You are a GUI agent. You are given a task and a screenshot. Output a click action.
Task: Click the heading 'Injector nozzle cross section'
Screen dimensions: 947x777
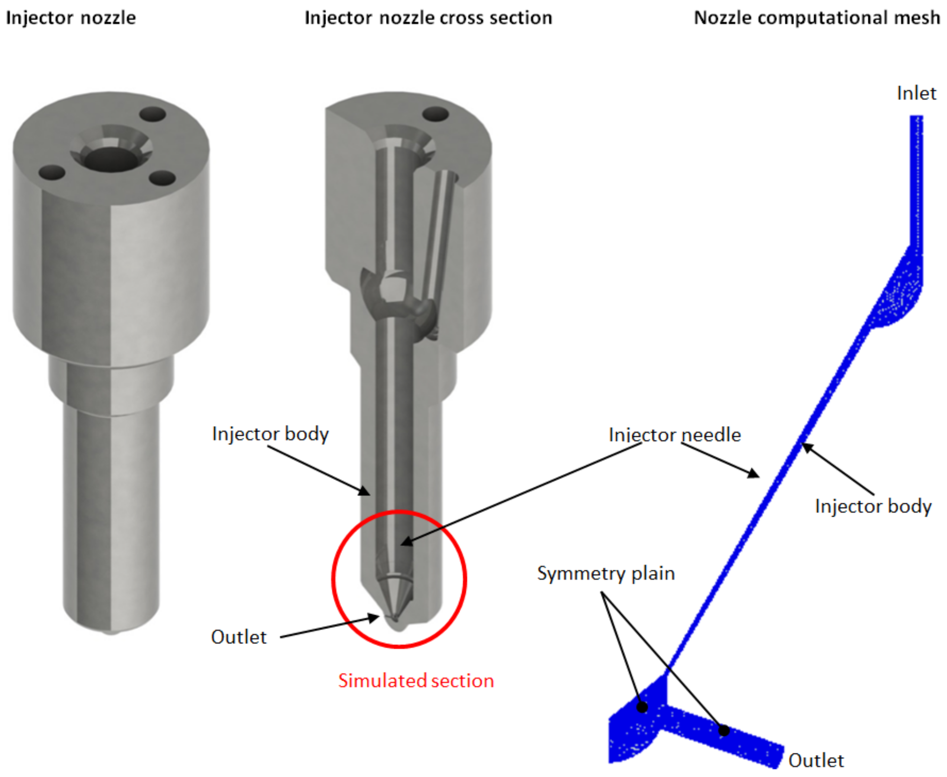(x=428, y=18)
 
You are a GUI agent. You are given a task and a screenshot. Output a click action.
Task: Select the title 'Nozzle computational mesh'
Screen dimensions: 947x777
(x=817, y=18)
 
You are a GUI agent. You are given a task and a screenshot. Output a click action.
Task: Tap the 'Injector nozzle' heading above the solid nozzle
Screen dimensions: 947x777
(x=71, y=18)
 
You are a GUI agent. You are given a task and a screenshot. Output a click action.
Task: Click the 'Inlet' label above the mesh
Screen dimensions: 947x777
(x=916, y=93)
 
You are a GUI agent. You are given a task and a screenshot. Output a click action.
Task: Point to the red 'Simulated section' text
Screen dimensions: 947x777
(x=416, y=681)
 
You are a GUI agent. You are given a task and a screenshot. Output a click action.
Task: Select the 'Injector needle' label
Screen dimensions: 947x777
(x=675, y=435)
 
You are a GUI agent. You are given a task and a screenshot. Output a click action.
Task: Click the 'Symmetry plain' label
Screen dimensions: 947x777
(x=606, y=574)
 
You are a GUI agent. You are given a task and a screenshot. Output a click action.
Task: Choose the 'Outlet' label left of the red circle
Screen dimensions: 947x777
(x=239, y=637)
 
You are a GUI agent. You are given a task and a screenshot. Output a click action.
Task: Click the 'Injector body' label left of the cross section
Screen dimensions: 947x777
(x=270, y=434)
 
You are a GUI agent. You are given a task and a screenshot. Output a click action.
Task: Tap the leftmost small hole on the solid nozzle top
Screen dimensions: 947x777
(x=52, y=172)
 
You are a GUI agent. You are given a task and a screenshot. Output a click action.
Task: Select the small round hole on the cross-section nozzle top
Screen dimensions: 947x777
(x=436, y=114)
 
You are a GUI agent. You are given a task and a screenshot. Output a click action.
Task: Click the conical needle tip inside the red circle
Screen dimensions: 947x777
(x=393, y=597)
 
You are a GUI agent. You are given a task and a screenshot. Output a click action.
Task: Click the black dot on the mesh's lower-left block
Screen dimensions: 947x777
(x=642, y=707)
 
